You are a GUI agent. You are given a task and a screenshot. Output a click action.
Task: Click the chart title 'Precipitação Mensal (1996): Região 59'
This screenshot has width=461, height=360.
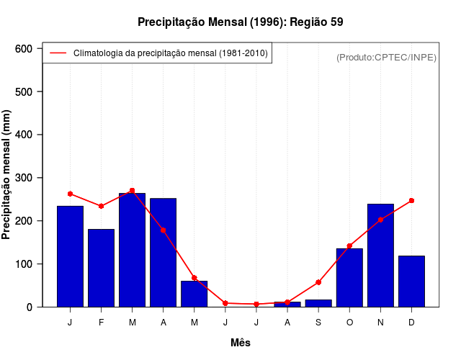240,22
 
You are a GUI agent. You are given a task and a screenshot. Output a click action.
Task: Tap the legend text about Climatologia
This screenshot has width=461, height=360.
170,53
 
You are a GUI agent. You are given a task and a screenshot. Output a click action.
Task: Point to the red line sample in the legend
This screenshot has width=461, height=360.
58,53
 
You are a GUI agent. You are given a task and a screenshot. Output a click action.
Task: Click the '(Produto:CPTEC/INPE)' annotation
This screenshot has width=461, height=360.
386,58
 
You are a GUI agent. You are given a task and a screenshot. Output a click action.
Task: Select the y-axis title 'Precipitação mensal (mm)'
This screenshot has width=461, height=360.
7,175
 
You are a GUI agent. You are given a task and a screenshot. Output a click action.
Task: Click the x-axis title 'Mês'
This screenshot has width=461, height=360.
241,343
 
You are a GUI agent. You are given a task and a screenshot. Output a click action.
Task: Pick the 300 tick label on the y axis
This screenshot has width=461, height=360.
25,178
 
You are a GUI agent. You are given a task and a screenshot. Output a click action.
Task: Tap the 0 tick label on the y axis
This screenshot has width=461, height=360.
31,307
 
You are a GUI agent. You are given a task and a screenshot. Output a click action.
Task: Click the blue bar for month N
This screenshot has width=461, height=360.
380,256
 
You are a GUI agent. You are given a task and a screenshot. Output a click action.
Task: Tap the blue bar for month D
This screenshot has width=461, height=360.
411,281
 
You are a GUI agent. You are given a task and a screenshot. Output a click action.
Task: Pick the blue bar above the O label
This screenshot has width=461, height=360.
349,277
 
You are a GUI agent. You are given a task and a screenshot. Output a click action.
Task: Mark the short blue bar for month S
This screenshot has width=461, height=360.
318,303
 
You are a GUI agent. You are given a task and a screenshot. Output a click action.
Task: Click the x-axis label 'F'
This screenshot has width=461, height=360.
102,323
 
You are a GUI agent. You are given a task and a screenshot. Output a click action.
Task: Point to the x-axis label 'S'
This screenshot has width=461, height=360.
318,323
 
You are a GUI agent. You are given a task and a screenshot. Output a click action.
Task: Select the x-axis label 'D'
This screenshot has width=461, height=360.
411,323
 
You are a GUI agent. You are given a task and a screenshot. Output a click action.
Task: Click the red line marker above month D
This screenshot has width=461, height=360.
411,200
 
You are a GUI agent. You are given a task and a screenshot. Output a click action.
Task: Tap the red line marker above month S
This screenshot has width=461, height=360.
318,282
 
